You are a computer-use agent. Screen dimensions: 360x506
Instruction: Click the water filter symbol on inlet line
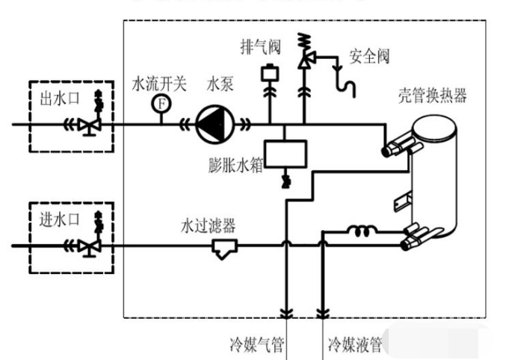point(224,246)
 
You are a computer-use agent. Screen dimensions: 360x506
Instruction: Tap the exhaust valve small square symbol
point(268,75)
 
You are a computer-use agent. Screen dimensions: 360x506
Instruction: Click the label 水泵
point(220,84)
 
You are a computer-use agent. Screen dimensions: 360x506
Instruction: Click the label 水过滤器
point(209,224)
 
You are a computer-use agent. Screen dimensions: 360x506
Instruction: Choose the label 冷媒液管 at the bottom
point(354,345)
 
